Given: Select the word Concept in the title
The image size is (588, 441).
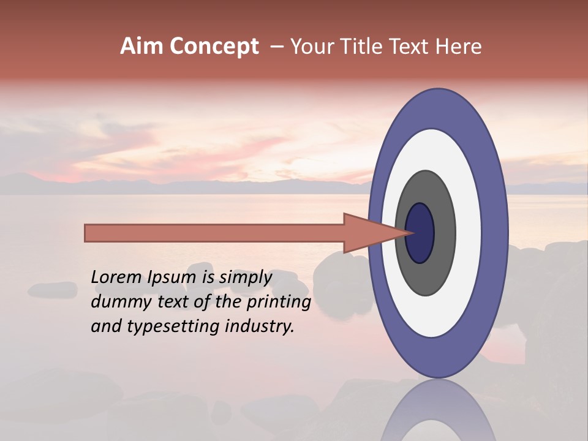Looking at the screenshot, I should [214, 47].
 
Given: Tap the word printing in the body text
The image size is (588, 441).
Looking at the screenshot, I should [278, 302].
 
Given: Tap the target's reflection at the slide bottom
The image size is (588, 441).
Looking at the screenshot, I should [438, 417].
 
